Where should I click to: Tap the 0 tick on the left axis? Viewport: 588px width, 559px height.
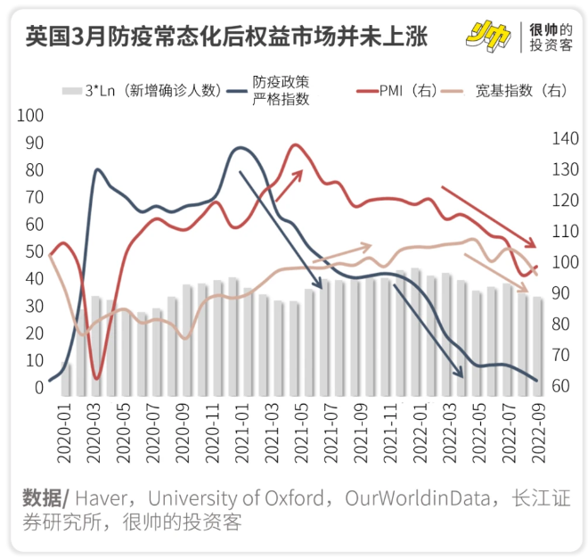pyautogui.click(x=38, y=388)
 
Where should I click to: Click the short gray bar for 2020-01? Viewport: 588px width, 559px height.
pyautogui.click(x=64, y=376)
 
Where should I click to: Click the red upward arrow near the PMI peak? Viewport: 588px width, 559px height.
pyautogui.click(x=290, y=184)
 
